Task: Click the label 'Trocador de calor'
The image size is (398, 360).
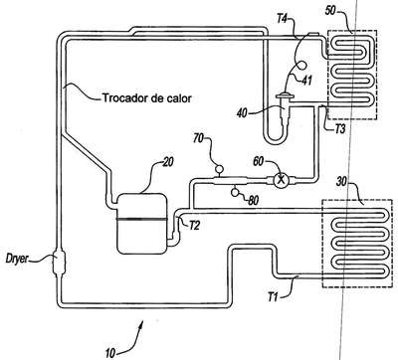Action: (x=147, y=98)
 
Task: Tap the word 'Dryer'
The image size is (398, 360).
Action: (x=17, y=259)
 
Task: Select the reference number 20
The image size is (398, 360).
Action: (x=168, y=163)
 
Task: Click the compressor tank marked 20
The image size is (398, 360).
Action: (x=142, y=224)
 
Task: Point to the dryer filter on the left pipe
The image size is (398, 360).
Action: (x=60, y=264)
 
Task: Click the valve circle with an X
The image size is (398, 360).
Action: (x=281, y=180)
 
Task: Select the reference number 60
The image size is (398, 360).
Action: (x=259, y=161)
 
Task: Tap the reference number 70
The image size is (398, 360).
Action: (x=199, y=138)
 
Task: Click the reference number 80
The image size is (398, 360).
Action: (x=253, y=201)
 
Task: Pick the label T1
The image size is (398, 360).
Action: (x=273, y=297)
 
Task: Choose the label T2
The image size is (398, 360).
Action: (x=195, y=226)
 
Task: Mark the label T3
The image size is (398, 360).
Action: (x=339, y=128)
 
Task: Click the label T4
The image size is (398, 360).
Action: (x=282, y=19)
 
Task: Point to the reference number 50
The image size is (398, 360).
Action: (x=330, y=10)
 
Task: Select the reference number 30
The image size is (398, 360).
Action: (x=342, y=182)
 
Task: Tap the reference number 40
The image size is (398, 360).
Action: (x=243, y=113)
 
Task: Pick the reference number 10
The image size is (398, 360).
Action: (x=110, y=353)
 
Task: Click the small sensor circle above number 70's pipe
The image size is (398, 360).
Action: (x=219, y=169)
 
